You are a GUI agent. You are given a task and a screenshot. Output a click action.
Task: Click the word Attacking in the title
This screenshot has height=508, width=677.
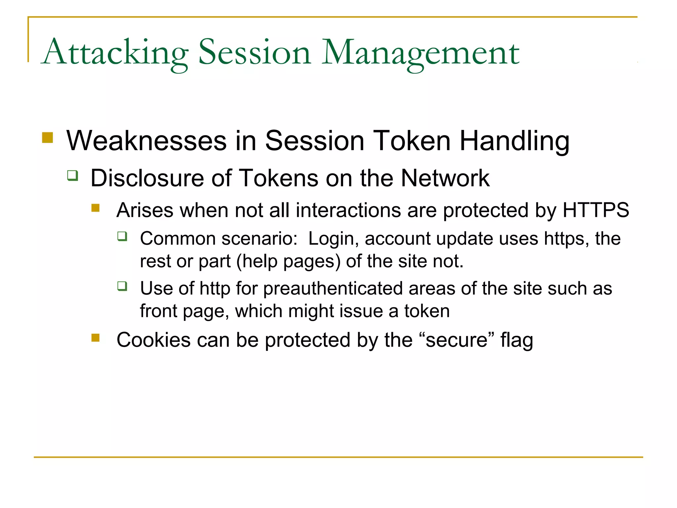[x=116, y=53]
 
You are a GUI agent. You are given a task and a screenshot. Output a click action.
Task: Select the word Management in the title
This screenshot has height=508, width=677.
[x=420, y=53]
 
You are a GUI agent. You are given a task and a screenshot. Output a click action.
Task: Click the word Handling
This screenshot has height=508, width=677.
[x=514, y=141]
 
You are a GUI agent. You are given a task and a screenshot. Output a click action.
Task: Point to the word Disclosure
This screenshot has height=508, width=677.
[x=147, y=178]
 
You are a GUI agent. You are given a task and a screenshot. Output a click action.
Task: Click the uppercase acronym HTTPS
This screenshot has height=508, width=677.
[x=596, y=210]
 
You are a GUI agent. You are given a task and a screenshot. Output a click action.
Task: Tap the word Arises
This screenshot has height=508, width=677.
[x=145, y=210]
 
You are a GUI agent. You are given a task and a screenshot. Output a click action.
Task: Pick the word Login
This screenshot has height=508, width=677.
[x=333, y=238]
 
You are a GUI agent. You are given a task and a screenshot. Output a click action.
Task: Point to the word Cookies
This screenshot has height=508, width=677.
[x=153, y=340]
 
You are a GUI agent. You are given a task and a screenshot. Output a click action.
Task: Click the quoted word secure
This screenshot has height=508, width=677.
[x=456, y=340]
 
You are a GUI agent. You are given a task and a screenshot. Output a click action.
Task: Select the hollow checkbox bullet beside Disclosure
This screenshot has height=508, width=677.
[x=73, y=175]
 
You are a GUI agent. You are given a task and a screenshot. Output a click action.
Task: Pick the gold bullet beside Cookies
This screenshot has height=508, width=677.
[x=96, y=337]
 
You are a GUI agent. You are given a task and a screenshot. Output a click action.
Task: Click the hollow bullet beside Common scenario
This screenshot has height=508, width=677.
[x=122, y=236]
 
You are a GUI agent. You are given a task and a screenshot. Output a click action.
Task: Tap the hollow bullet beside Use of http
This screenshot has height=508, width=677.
[x=122, y=286]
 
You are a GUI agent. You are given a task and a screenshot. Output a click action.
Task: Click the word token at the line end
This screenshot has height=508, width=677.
[x=427, y=311]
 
